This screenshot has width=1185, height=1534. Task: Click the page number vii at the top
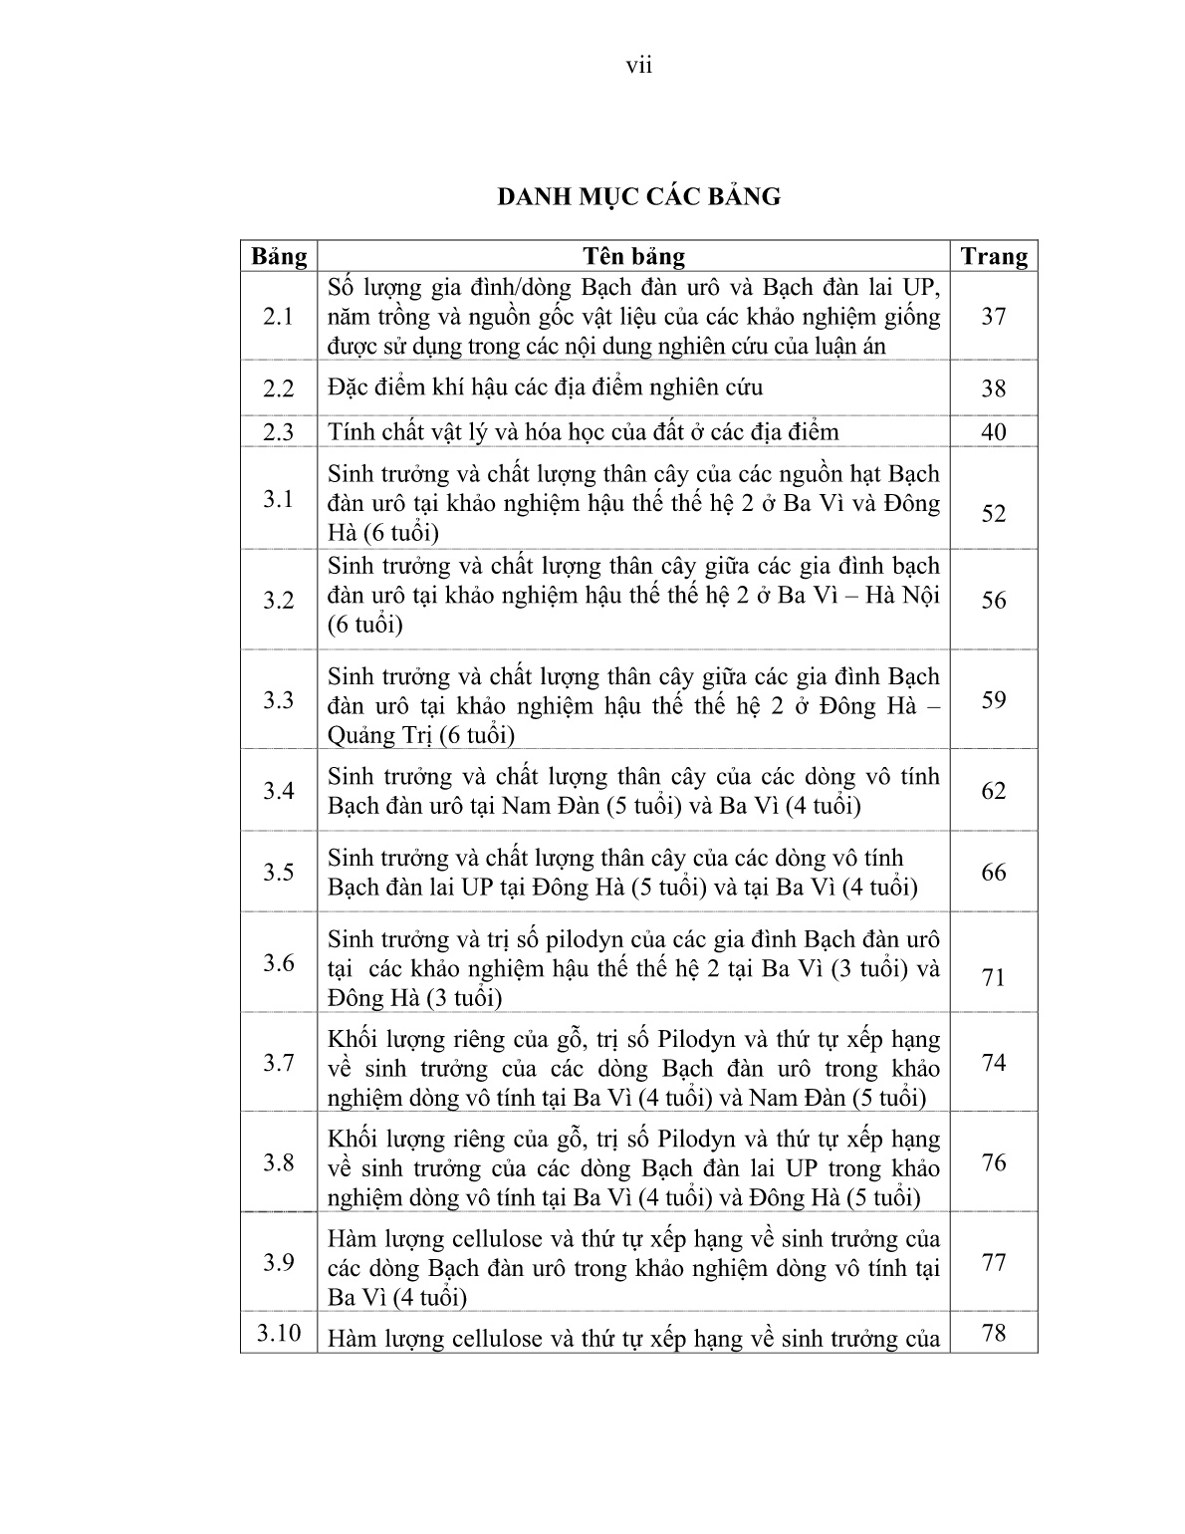click(638, 66)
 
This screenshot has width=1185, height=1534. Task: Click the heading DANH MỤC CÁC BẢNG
click(638, 196)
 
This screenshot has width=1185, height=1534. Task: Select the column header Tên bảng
click(633, 257)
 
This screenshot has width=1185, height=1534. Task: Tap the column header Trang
click(993, 257)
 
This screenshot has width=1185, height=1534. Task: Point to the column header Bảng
click(279, 257)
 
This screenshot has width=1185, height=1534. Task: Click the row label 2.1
click(279, 317)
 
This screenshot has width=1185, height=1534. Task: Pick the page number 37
click(993, 317)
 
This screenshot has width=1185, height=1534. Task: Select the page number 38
click(993, 388)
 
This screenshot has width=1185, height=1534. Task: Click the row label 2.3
click(279, 432)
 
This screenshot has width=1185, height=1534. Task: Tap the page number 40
click(993, 432)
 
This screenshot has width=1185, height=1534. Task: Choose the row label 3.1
click(279, 500)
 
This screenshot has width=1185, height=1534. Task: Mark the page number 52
click(993, 514)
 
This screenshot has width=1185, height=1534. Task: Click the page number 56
click(993, 600)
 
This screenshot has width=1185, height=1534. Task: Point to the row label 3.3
click(279, 700)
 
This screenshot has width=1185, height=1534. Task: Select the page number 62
click(993, 791)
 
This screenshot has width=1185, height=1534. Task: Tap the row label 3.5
click(279, 873)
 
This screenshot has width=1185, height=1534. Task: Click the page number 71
click(993, 978)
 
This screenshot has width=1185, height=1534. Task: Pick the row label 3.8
click(279, 1163)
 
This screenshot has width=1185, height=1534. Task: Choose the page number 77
click(993, 1263)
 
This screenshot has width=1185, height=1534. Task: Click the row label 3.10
click(279, 1333)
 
